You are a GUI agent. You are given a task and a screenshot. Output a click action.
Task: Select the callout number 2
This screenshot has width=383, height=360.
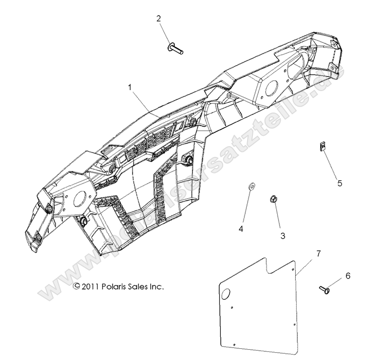click(x=158, y=19)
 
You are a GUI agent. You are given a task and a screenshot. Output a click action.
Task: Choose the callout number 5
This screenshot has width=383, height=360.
click(x=340, y=183)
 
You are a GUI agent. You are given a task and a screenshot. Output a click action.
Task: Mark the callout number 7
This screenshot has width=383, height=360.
click(x=318, y=253)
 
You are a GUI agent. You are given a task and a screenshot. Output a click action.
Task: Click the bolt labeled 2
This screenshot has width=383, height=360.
click(x=174, y=47)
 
